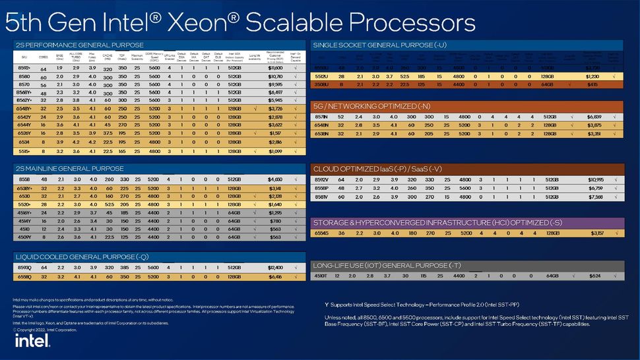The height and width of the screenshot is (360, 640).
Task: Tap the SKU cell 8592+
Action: (x=24, y=67)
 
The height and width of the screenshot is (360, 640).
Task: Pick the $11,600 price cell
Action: (x=275, y=67)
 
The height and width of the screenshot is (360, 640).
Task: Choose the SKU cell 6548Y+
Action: (x=24, y=108)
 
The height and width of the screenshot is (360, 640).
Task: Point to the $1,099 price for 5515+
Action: (x=275, y=151)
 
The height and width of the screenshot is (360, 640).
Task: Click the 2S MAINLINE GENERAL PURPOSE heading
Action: (x=65, y=168)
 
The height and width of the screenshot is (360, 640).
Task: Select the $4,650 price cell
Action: (x=275, y=179)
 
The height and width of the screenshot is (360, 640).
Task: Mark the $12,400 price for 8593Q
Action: (x=275, y=267)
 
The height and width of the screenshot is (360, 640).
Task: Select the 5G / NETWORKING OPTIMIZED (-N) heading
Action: (x=372, y=105)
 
